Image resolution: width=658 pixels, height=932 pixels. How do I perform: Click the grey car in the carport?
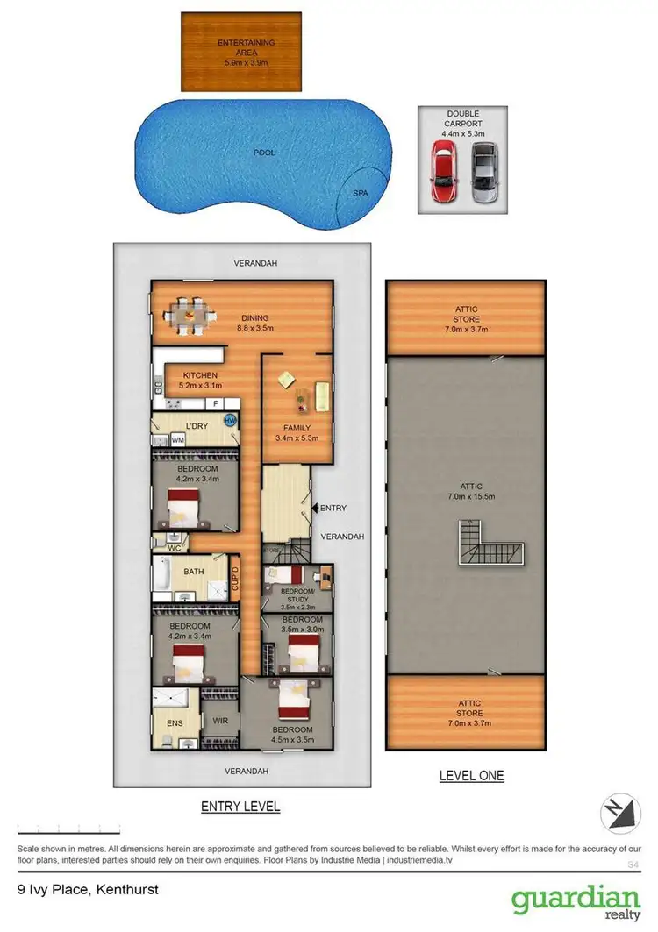point(483,171)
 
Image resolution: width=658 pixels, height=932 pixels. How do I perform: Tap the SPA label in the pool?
point(360,192)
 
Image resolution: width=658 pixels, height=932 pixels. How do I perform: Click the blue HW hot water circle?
point(231,421)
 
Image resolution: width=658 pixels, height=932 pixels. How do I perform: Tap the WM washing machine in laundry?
point(178,439)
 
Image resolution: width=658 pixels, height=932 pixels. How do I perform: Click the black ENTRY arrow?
point(316,508)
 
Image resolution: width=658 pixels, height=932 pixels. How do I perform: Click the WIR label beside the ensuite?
point(220,721)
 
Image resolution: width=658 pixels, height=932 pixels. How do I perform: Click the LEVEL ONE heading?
point(471,775)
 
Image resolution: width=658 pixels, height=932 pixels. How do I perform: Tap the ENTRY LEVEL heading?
point(240,807)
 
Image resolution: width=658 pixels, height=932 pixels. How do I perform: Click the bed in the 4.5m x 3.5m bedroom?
point(295,698)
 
